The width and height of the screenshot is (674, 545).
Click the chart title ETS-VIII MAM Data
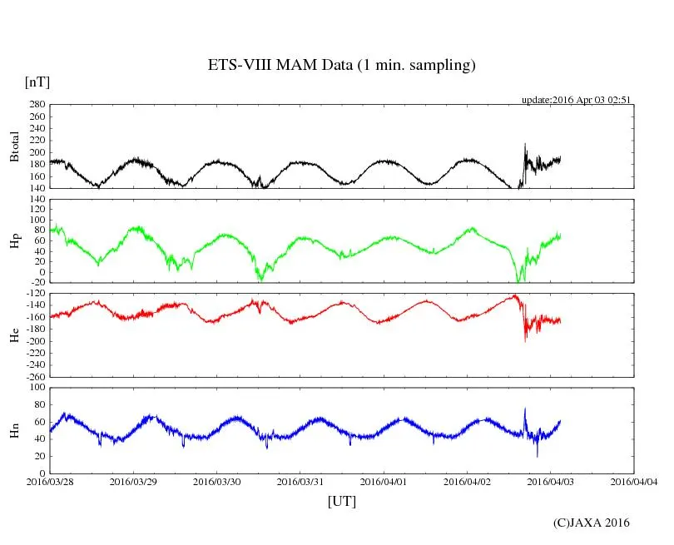[341, 66]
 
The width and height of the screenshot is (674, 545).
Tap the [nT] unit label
[37, 82]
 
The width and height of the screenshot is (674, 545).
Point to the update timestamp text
[576, 99]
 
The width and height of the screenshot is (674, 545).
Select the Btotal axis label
[14, 146]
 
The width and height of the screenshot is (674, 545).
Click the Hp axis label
[14, 241]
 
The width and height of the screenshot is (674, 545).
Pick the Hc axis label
[14, 334]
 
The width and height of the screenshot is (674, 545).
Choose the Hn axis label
[14, 429]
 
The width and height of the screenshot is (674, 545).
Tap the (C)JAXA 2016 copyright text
[591, 523]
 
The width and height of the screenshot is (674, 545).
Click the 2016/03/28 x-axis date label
[49, 481]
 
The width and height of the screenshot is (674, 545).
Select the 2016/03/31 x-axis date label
[300, 481]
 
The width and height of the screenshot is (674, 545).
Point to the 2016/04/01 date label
[384, 481]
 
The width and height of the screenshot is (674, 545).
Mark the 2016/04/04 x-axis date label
[634, 481]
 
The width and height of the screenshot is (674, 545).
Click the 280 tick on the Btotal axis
[37, 105]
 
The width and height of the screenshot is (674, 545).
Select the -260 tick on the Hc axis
[33, 376]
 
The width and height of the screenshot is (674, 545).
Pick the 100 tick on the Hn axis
[37, 387]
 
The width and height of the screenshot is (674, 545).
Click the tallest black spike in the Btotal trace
[525, 144]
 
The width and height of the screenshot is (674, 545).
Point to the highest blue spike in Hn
[525, 409]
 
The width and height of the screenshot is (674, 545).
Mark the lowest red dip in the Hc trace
[525, 341]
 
